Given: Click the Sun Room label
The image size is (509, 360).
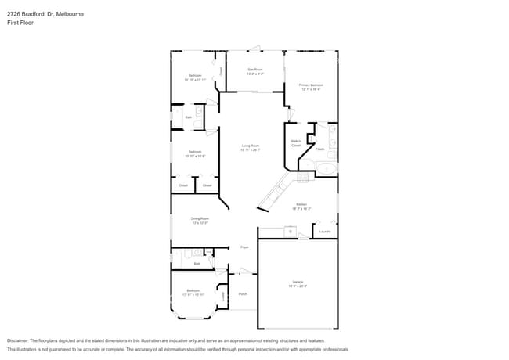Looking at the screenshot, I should click(x=254, y=71).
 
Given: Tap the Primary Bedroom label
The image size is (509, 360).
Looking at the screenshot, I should click(x=311, y=86).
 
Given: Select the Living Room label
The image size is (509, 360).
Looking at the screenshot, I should click(x=251, y=147).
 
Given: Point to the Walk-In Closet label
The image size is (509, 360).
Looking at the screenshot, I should click(x=296, y=143).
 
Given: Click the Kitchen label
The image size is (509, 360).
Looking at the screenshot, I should click(x=301, y=206).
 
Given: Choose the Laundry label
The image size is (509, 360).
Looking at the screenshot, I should click(x=325, y=232).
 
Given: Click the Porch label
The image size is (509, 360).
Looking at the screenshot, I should click(x=243, y=294).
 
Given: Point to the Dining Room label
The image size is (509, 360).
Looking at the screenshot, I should click(x=200, y=221).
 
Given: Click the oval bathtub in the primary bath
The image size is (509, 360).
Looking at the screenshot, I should click(x=323, y=168).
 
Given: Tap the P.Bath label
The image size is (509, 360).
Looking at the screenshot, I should click(x=320, y=149).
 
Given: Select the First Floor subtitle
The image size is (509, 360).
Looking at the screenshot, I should click(x=20, y=23).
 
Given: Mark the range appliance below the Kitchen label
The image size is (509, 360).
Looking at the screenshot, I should click(x=290, y=232).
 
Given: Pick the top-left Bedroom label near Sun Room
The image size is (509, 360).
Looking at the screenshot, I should click(x=194, y=77).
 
